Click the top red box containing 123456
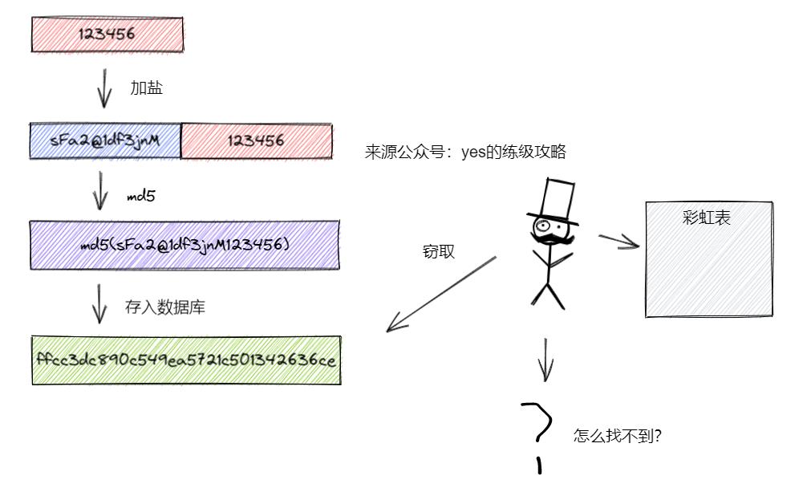pyautogui.click(x=107, y=35)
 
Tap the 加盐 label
pyautogui.click(x=147, y=88)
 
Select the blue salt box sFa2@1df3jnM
pyautogui.click(x=105, y=140)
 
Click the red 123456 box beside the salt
pyautogui.click(x=256, y=140)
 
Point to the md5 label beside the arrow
pyautogui.click(x=140, y=195)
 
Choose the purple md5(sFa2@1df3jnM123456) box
pyautogui.click(x=185, y=244)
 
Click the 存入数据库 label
pyautogui.click(x=164, y=307)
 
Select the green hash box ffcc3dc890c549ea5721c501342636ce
pyautogui.click(x=186, y=360)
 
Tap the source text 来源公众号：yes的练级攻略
pyautogui.click(x=465, y=153)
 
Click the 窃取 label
pyautogui.click(x=438, y=251)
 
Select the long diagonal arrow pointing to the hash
pyautogui.click(x=441, y=294)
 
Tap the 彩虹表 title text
pyautogui.click(x=707, y=217)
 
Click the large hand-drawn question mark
pyautogui.click(x=537, y=425)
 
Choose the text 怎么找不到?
pyautogui.click(x=617, y=437)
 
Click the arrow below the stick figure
pyautogui.click(x=546, y=359)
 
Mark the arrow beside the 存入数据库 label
pyautogui.click(x=100, y=303)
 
